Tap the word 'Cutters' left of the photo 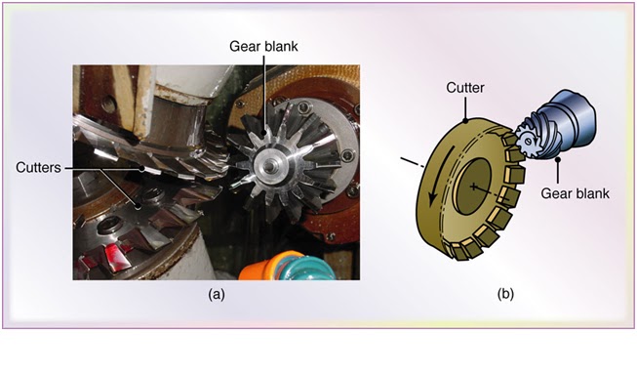39,168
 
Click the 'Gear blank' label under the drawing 576,193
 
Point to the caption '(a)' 216,293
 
